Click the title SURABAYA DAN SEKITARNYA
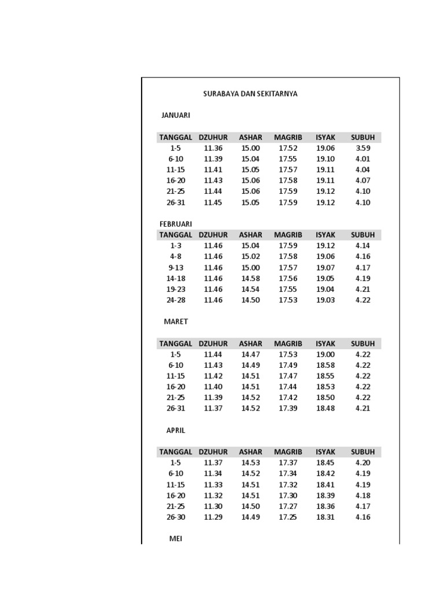[x=250, y=94]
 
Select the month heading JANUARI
[x=176, y=115]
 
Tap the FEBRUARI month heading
[x=176, y=224]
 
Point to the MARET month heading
[x=176, y=321]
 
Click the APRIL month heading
[x=176, y=430]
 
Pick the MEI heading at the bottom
[x=176, y=538]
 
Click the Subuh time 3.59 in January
[x=363, y=148]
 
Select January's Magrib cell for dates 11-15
[x=288, y=170]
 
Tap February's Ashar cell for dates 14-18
[x=250, y=278]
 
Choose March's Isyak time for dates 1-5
[x=325, y=354]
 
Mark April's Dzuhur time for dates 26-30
[x=213, y=517]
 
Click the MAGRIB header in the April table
[x=288, y=452]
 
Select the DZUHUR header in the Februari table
[x=213, y=235]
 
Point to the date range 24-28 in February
[x=176, y=300]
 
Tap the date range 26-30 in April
[x=176, y=517]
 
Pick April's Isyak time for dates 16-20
[x=325, y=495]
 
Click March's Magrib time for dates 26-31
[x=288, y=408]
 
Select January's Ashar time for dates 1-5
[x=250, y=148]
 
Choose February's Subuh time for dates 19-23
[x=363, y=289]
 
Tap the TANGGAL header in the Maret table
[x=176, y=343]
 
